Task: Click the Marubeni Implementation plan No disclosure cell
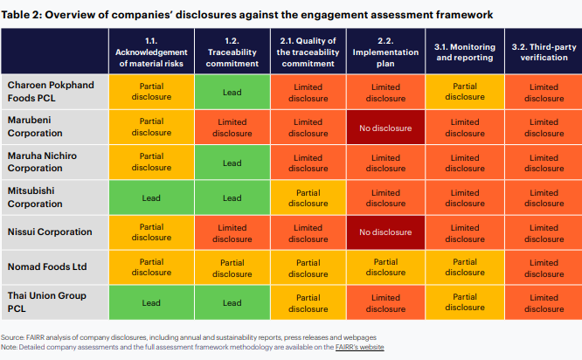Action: [x=385, y=128]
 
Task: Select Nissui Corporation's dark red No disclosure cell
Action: [x=385, y=232]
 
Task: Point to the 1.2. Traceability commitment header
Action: [x=232, y=52]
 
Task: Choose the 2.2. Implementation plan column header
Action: [x=385, y=52]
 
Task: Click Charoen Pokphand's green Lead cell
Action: [x=232, y=93]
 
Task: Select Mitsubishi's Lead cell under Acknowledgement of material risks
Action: [x=151, y=197]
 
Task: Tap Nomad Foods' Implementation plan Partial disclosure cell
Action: [x=385, y=267]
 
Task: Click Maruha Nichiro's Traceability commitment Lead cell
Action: [x=232, y=163]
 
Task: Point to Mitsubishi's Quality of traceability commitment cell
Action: [x=308, y=197]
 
